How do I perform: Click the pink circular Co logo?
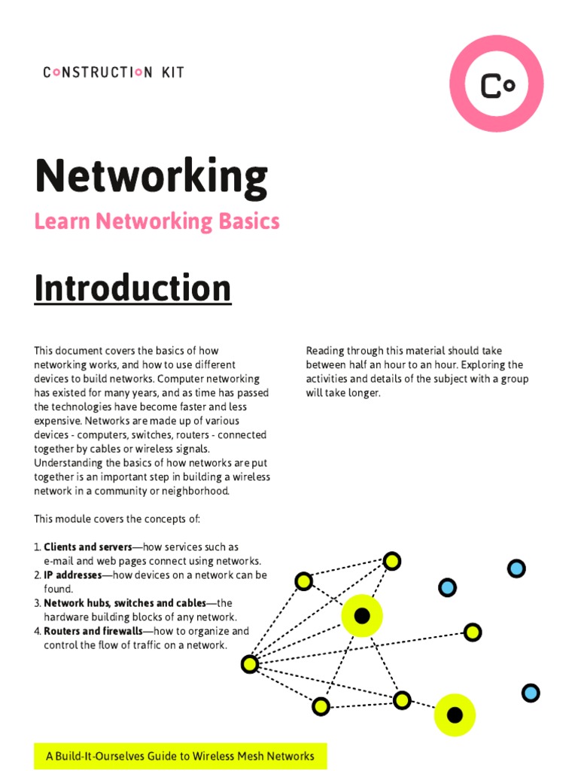(x=496, y=84)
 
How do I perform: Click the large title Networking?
(x=151, y=176)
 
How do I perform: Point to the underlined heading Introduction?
(x=132, y=288)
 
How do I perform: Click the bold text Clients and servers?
(x=87, y=547)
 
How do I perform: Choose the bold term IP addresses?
(x=72, y=575)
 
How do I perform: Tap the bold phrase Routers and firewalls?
(x=93, y=631)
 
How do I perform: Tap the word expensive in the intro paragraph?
(x=58, y=421)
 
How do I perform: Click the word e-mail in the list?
(x=60, y=561)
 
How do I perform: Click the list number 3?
(x=37, y=603)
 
